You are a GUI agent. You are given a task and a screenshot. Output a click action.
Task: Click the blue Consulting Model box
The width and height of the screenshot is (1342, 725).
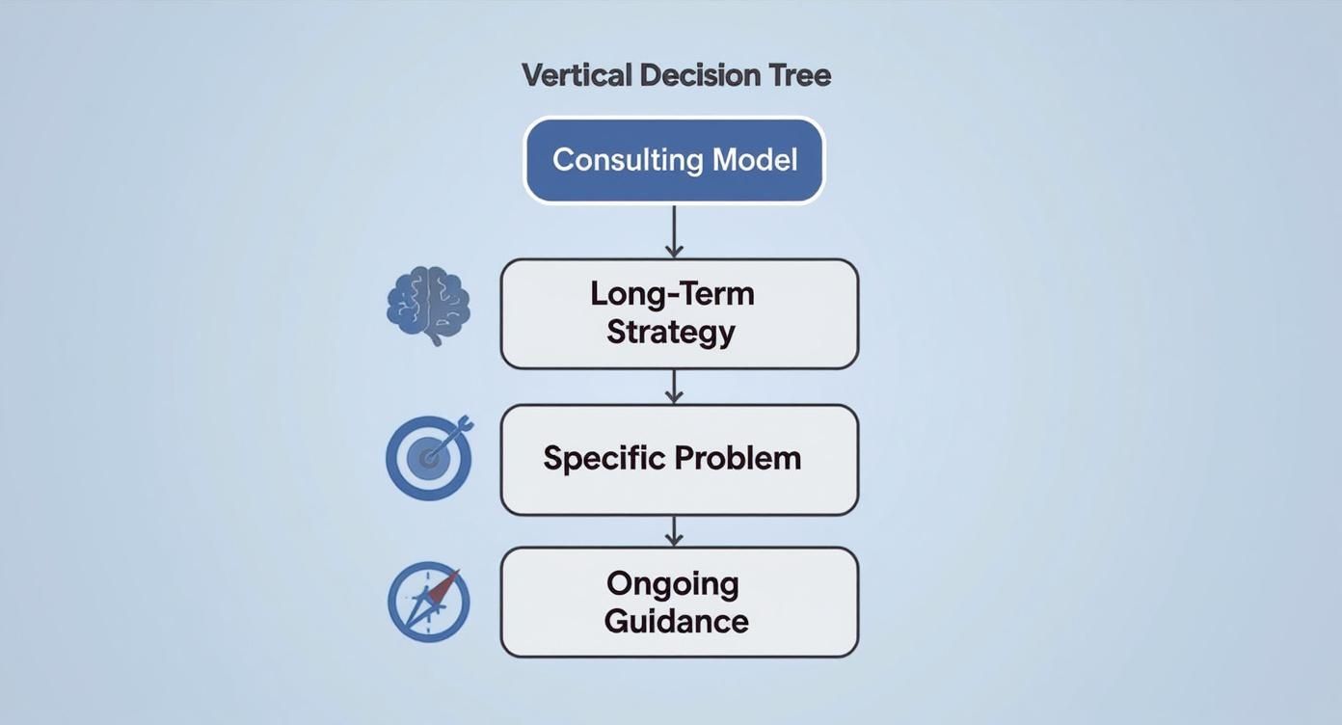pos(674,160)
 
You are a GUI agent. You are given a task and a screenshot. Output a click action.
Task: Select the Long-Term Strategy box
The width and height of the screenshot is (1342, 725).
pos(679,313)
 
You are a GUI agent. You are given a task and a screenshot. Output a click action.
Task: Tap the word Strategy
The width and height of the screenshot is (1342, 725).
pos(671,332)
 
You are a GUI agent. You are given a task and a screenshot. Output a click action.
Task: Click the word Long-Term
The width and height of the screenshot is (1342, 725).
pos(672,293)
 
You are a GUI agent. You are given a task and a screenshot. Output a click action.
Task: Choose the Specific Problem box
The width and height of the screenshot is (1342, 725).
pos(679,459)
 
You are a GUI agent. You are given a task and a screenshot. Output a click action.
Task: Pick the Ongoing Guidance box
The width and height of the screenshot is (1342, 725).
pos(679,603)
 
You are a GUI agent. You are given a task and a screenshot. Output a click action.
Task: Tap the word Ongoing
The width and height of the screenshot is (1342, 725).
pos(672,583)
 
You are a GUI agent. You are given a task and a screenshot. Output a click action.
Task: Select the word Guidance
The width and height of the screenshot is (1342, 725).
pos(676,621)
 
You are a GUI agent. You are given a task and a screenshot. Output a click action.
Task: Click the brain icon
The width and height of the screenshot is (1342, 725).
pos(428,305)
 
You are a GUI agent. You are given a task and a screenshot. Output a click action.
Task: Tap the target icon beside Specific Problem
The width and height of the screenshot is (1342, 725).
pos(429,457)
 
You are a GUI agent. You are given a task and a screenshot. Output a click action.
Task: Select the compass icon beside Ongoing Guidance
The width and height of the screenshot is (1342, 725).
pos(429,602)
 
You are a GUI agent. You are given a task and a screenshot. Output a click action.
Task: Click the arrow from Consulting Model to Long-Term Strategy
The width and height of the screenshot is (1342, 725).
pos(674,231)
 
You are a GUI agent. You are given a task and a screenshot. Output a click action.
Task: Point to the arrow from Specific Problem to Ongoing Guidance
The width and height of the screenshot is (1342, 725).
pos(674,530)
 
